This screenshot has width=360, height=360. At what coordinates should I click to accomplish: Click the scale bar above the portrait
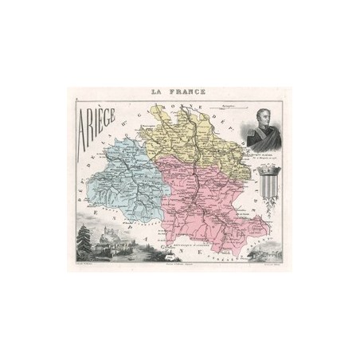[x=239, y=104]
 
